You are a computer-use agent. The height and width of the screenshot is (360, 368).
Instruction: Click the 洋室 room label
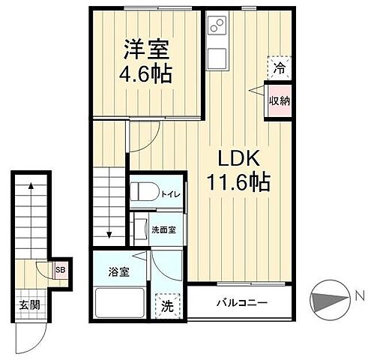pyautogui.click(x=146, y=50)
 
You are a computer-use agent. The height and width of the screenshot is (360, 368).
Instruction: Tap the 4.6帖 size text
pyautogui.click(x=148, y=74)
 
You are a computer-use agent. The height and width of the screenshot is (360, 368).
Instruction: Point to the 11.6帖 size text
pyautogui.click(x=238, y=181)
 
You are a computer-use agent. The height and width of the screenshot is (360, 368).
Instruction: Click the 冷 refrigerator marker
pyautogui.click(x=279, y=67)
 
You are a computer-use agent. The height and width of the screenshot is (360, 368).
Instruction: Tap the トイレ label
pyautogui.click(x=169, y=193)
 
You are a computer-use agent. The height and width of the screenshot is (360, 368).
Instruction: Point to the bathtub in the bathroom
pyautogui.click(x=119, y=303)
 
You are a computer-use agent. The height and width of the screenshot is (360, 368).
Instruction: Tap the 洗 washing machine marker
pyautogui.click(x=169, y=305)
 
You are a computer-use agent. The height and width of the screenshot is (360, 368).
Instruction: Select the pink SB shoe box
pyautogui.click(x=59, y=267)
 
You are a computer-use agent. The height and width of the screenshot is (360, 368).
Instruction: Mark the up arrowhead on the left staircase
pyautogui.click(x=31, y=183)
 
